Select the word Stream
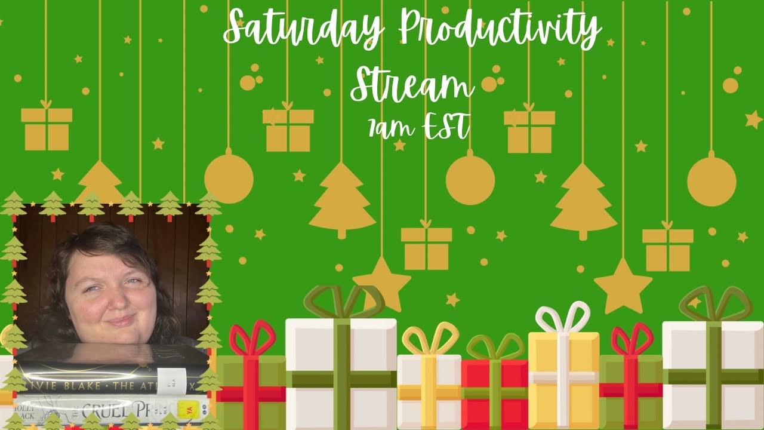411,87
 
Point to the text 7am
389,127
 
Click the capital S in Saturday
236,27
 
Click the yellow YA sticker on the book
186,408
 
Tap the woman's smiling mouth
122,321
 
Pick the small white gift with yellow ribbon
429,392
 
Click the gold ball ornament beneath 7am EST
470,180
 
